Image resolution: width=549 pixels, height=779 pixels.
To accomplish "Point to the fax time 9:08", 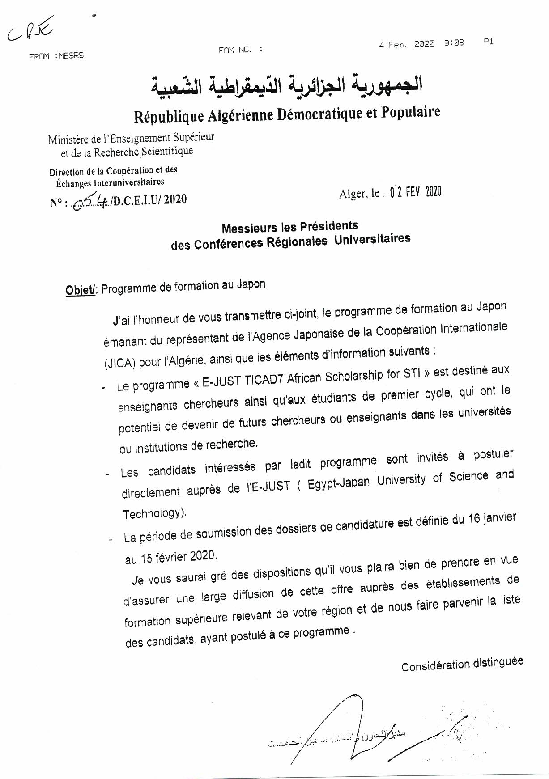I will [454, 43].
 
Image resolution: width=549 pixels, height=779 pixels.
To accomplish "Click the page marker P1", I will [488, 42].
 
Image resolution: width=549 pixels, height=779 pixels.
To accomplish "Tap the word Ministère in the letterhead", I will [68, 139].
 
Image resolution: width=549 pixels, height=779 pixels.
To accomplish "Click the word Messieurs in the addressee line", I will [248, 228].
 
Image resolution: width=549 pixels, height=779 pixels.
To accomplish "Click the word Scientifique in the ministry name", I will [168, 151].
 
